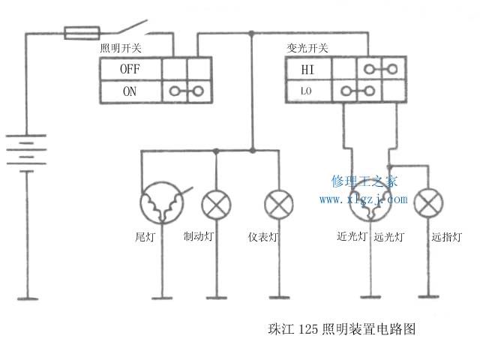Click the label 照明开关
click(121, 48)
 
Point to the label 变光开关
click(307, 48)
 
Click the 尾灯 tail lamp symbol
click(162, 202)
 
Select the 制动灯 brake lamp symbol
click(216, 203)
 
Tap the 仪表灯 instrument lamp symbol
click(279, 203)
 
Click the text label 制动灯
click(199, 237)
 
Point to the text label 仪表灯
click(263, 237)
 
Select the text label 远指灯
click(447, 237)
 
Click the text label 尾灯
click(145, 237)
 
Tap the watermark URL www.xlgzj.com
click(363, 199)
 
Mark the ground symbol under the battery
click(27, 298)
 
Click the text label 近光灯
click(352, 237)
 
